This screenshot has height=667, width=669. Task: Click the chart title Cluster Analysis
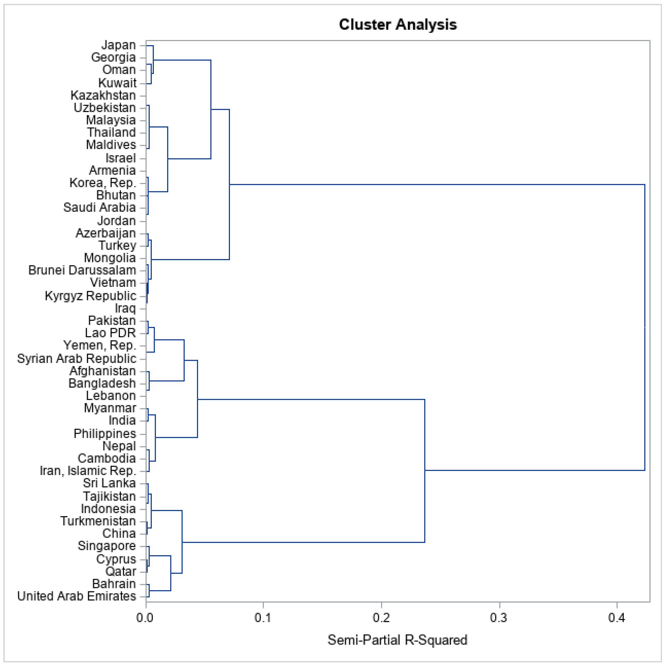pos(398,25)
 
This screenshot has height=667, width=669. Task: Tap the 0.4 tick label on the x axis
pos(617,617)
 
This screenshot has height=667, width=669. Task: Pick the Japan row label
pos(118,45)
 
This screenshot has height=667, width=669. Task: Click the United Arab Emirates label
pos(77,596)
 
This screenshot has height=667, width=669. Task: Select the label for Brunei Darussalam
pos(82,270)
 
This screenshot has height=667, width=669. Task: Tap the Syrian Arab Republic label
pos(77,359)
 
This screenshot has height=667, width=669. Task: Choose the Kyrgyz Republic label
pos(90,296)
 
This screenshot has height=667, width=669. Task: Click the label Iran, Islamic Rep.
pos(88,471)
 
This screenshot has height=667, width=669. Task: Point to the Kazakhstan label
pos(103,95)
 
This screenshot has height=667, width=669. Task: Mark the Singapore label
pos(107,545)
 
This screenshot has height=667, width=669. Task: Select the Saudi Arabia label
pos(100,208)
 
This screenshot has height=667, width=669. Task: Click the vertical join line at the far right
pos(644,327)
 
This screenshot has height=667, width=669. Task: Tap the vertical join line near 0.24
pos(425,470)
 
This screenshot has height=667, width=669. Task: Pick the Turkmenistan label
pos(98,521)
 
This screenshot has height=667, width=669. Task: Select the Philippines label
pos(105,434)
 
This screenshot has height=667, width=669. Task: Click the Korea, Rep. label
pos(103,182)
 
